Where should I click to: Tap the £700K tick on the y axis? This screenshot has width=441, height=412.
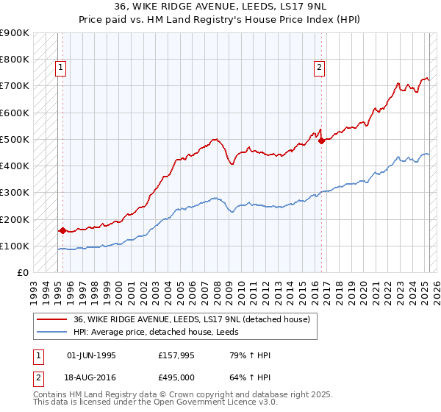point(15,86)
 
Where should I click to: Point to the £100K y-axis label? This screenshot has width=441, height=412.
point(15,246)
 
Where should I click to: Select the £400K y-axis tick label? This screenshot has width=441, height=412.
point(15,166)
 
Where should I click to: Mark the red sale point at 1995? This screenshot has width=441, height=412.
point(62,230)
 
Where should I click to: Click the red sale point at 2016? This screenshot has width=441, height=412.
point(321,141)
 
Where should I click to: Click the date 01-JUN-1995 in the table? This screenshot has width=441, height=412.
point(91,356)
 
